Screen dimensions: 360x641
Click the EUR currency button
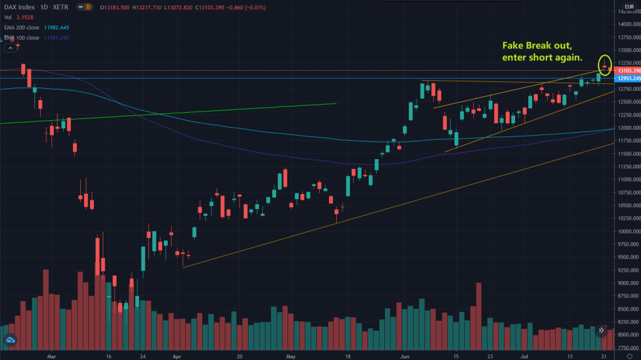coord(626,8)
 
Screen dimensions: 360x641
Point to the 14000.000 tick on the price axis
coord(626,24)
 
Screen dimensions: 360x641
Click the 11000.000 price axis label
coord(626,180)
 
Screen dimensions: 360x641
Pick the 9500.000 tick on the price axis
coord(626,257)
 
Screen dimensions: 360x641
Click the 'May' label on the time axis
coord(291,355)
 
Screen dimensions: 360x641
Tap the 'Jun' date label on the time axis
coord(404,355)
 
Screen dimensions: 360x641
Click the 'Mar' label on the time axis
coord(53,355)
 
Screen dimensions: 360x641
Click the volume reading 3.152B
coord(26,18)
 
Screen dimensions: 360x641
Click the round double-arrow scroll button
coord(600,330)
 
